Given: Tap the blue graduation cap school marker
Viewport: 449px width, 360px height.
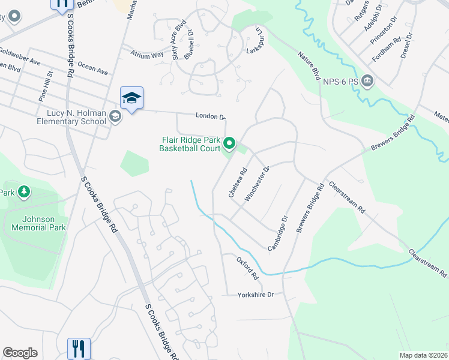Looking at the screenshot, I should [x=131, y=98].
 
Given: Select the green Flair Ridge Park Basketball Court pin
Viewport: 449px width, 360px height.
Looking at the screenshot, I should [x=229, y=143].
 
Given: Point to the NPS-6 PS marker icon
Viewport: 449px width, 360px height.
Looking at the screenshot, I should [x=368, y=80].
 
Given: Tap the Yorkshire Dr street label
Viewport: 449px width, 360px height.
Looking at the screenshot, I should [x=255, y=295].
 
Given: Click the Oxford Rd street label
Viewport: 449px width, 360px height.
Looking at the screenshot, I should [x=247, y=269].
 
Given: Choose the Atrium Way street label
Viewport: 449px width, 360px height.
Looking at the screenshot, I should [x=148, y=54].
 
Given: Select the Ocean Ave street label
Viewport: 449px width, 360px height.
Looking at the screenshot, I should [x=92, y=69].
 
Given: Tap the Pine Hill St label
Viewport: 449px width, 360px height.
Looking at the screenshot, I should [x=46, y=86].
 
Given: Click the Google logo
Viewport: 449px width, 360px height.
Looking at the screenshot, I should [x=20, y=353].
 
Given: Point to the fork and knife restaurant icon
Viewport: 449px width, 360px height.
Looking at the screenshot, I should [x=79, y=347].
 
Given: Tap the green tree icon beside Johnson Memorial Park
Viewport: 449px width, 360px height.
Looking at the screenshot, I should [x=23, y=192].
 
